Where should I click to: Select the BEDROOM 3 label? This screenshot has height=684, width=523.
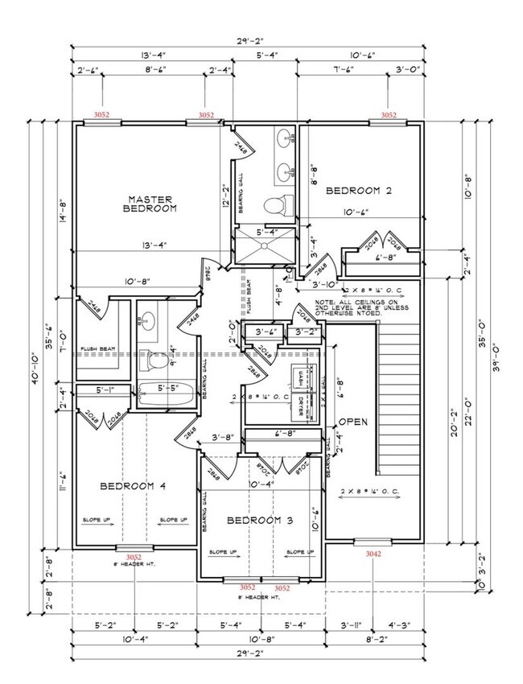pos(259,520)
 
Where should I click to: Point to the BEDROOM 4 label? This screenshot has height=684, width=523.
pos(133,486)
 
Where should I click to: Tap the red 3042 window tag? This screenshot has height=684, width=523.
pos(373,554)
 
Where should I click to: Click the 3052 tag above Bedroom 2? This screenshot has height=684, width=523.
pos(389,115)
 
